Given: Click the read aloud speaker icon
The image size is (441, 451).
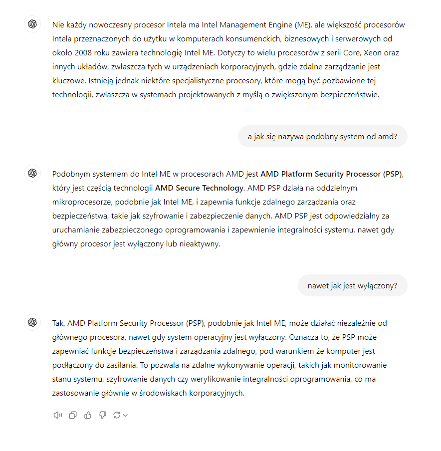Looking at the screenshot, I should coord(57,415).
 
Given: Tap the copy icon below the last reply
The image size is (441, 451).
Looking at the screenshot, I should coord(73,415).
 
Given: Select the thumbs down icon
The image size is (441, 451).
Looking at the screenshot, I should coord(103,415).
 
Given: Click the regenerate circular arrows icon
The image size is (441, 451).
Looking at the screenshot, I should coord(117,415).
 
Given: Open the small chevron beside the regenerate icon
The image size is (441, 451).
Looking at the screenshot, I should coord(125,415).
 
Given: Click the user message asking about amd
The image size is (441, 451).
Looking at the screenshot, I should coord(322,136).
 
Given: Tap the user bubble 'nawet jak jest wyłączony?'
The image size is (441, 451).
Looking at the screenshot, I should coord(352,286).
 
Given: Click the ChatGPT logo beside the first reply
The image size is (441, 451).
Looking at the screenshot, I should coord(32,24).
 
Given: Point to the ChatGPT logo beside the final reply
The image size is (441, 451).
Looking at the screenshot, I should coord(32,323).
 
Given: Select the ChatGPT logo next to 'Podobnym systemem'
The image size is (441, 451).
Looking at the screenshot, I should coord(32,173).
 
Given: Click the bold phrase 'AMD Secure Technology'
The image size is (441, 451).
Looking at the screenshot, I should coord(200,188).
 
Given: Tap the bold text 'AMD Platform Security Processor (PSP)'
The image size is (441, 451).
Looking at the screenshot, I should coord(331,174).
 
